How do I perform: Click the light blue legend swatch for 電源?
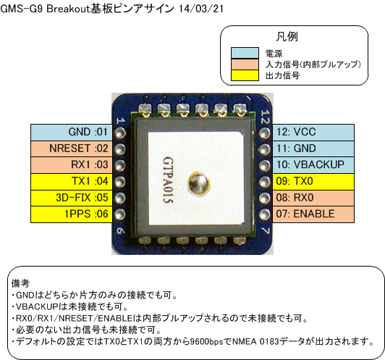[245, 53]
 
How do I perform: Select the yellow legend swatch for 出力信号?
[245, 75]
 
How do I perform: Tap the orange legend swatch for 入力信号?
[245, 64]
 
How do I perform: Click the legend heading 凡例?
[287, 37]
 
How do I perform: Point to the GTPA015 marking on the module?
[168, 180]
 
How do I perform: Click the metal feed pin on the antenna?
[198, 183]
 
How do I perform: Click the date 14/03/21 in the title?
[201, 9]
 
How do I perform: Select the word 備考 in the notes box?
[20, 283]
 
